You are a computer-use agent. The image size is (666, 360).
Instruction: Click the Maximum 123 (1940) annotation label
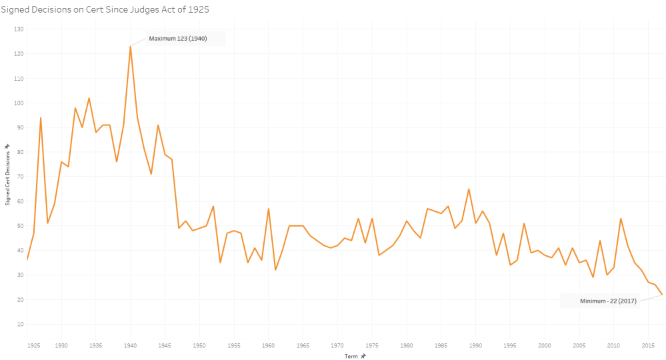[x=178, y=39]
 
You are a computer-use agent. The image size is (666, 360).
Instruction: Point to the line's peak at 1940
[x=130, y=46]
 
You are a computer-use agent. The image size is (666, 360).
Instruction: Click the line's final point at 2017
[x=661, y=294]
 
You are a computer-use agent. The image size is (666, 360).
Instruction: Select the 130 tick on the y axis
[x=19, y=29]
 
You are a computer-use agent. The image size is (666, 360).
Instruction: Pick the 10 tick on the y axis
[x=20, y=324]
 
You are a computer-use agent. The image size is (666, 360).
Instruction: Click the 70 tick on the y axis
[x=20, y=177]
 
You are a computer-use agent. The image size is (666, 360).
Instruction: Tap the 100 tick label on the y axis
[x=19, y=103]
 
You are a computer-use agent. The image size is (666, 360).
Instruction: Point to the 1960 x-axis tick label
[x=268, y=346]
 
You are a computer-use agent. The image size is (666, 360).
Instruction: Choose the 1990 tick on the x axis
[x=475, y=346]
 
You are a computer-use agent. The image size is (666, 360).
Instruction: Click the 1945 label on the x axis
[x=165, y=346]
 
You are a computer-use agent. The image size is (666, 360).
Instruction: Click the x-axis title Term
[x=351, y=357]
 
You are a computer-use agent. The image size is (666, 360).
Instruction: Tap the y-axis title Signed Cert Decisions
[x=7, y=175]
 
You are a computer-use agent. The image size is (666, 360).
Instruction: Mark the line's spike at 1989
[x=469, y=189]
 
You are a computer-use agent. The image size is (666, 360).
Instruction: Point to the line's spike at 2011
[x=620, y=218]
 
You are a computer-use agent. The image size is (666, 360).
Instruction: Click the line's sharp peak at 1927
[x=41, y=118]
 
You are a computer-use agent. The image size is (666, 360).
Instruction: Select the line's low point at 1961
[x=275, y=269]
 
